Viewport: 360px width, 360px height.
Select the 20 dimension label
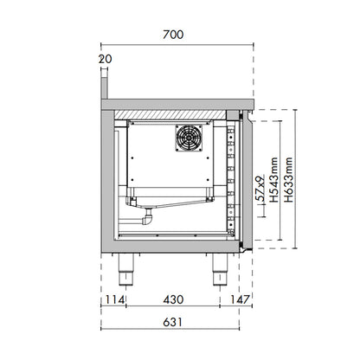tap(105, 58)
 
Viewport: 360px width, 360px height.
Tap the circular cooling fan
tap(190, 137)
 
